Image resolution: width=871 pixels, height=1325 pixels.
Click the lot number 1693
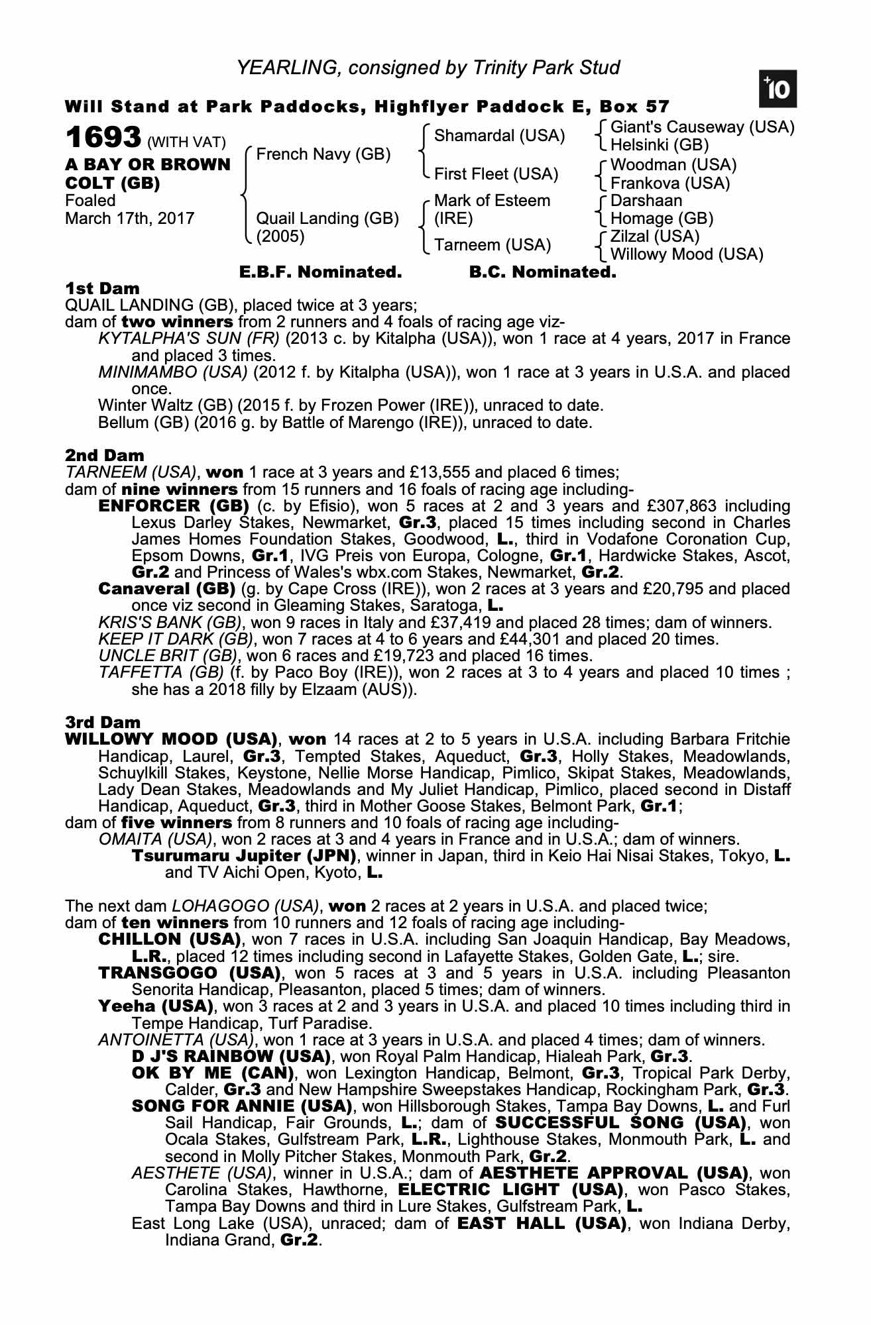pyautogui.click(x=103, y=138)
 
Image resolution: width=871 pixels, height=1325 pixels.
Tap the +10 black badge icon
pyautogui.click(x=778, y=89)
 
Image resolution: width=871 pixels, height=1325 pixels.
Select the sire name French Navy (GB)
pyautogui.click(x=323, y=154)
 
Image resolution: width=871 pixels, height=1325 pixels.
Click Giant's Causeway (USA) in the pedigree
pyautogui.click(x=702, y=127)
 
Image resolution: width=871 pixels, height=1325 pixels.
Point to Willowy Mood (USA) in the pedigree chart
pyautogui.click(x=686, y=254)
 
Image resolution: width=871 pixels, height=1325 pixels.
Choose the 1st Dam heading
pyautogui.click(x=103, y=288)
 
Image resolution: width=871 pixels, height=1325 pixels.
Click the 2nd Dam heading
pyautogui.click(x=105, y=455)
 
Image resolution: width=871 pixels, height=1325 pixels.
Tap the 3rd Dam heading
pyautogui.click(x=103, y=722)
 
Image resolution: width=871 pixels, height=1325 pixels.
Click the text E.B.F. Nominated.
pyautogui.click(x=320, y=272)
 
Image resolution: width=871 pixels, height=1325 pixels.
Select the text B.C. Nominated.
pyautogui.click(x=542, y=272)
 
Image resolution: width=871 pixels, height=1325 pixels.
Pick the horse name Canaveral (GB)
pyautogui.click(x=166, y=589)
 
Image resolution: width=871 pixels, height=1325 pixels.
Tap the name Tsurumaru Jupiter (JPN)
pyautogui.click(x=244, y=856)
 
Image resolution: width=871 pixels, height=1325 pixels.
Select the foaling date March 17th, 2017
pyautogui.click(x=130, y=219)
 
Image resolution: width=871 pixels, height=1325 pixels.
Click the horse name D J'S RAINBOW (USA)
pyautogui.click(x=231, y=1056)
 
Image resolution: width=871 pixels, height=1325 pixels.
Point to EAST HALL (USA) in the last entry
pyautogui.click(x=542, y=1223)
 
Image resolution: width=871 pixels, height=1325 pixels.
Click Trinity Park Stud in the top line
pyautogui.click(x=546, y=68)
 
